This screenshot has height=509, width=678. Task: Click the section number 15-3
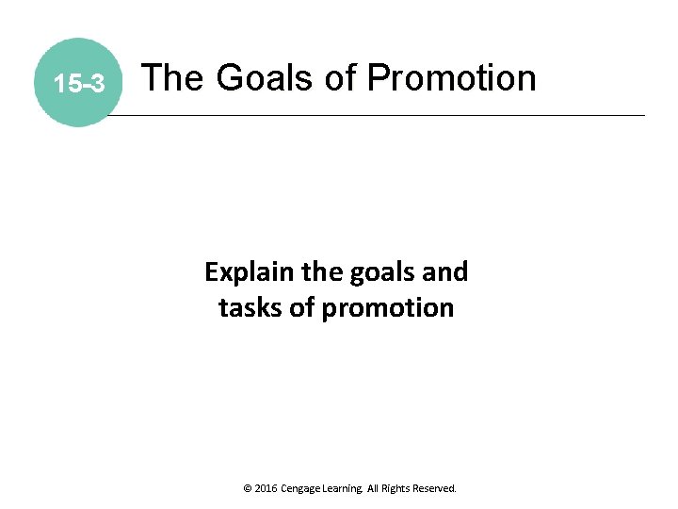(x=78, y=85)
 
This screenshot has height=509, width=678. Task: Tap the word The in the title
(x=173, y=77)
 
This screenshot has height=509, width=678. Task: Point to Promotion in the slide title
(x=452, y=77)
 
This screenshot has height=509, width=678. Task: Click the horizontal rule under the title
(x=377, y=115)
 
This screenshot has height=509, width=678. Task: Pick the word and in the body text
(x=444, y=272)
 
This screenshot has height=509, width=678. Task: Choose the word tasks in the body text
(x=249, y=308)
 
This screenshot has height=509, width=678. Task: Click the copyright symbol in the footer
(x=247, y=489)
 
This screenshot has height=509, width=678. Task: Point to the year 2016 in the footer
(x=266, y=489)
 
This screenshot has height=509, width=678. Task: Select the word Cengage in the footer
(x=304, y=489)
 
